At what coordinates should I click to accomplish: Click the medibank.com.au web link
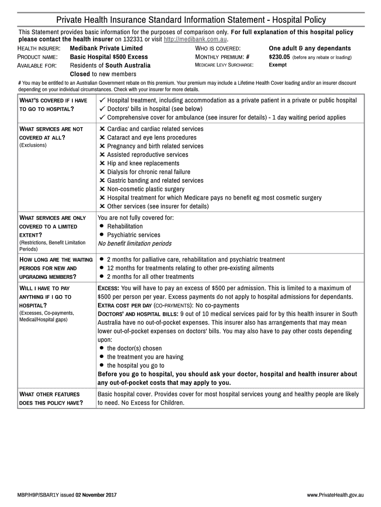[195, 39]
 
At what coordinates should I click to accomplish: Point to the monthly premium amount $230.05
[279, 57]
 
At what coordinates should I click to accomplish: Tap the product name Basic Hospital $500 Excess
[109, 57]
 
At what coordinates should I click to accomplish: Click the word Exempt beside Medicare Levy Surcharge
[277, 65]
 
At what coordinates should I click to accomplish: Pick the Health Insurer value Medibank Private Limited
[106, 48]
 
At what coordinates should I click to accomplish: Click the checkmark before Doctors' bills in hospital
[102, 109]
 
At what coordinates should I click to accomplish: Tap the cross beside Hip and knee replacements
[102, 163]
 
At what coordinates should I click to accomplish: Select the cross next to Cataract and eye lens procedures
[102, 138]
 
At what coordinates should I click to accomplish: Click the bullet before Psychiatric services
[101, 235]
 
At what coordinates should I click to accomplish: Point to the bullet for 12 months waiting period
[101, 268]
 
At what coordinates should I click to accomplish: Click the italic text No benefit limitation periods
[135, 244]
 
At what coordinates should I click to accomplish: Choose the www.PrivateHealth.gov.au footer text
[335, 495]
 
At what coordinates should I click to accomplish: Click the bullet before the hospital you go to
[101, 365]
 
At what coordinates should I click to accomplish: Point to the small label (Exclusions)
[33, 145]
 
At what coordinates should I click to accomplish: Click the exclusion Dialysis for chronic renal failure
[148, 172]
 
